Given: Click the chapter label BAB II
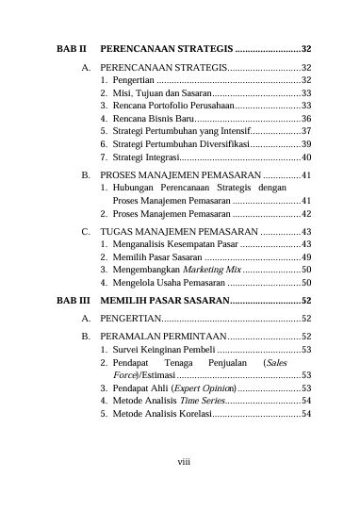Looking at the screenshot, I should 71,47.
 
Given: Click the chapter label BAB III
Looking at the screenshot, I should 72,300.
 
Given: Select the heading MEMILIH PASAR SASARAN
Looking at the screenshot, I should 164,300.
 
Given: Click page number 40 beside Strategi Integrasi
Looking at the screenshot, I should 306,156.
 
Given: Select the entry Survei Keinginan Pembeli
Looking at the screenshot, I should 162,350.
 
